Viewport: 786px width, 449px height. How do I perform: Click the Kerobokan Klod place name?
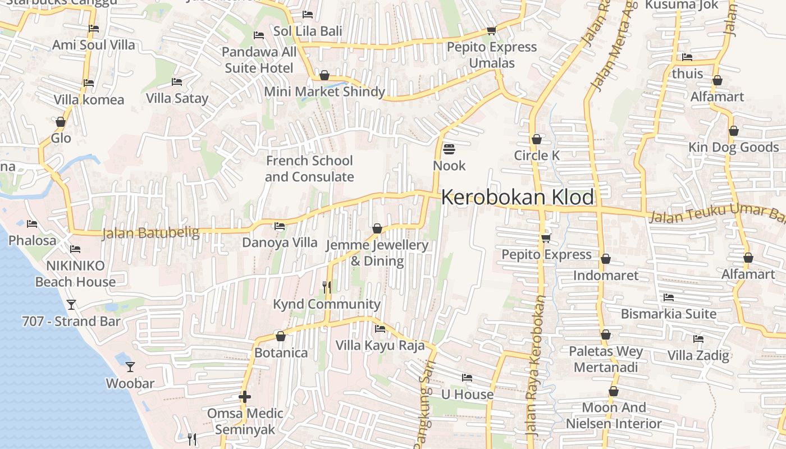[517, 198]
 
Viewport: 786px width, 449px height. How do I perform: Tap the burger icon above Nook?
[449, 149]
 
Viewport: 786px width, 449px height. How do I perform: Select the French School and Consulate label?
[309, 168]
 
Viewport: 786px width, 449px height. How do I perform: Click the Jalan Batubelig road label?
[150, 233]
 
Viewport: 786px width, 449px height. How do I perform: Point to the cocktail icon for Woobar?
[130, 367]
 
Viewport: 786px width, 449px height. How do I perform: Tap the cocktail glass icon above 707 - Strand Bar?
[71, 305]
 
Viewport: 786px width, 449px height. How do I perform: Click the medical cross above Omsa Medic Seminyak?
[244, 397]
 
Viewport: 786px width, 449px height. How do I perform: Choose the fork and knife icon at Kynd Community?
[327, 287]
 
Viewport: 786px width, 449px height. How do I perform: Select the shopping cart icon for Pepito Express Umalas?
[491, 31]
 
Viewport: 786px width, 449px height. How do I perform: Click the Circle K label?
[537, 155]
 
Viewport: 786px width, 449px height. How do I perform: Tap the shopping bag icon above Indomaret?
[605, 259]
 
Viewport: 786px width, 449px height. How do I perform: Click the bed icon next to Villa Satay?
[176, 82]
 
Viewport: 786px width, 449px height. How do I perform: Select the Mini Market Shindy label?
[324, 91]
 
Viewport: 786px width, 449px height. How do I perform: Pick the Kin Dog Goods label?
[734, 147]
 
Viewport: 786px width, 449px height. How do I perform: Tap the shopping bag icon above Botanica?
[281, 336]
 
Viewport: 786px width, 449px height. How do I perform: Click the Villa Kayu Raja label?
[380, 345]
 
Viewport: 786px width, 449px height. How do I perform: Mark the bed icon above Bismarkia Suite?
[668, 297]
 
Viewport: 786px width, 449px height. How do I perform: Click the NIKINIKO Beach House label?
[75, 273]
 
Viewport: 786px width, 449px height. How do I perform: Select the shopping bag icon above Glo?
[61, 122]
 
